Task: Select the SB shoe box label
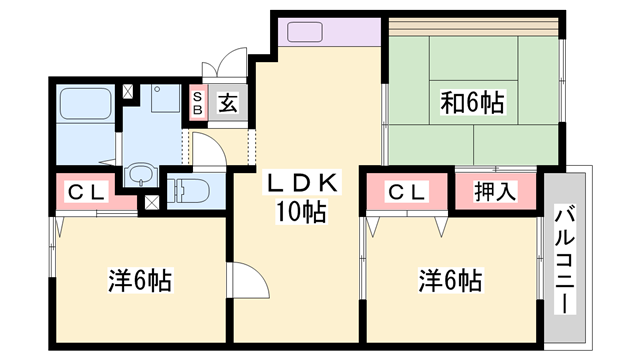coord(198,104)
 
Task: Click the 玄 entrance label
coord(227,104)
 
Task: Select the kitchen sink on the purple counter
coord(305,31)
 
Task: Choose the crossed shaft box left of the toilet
coord(151,201)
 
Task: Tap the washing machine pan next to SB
coord(160,100)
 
